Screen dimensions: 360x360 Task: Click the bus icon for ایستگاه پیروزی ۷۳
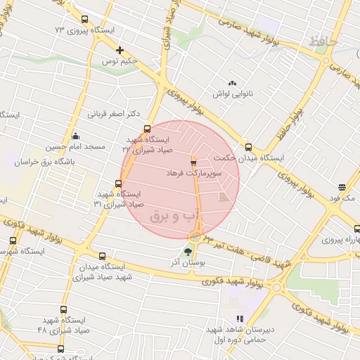tap(85, 20)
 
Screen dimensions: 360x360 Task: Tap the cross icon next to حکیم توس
tap(120, 50)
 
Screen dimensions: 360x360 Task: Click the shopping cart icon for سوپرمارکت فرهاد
tap(193, 162)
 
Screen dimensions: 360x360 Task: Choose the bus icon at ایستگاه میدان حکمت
tap(248, 148)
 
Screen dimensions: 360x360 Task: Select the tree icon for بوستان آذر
tap(188, 251)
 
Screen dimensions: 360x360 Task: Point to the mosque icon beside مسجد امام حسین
tap(76, 136)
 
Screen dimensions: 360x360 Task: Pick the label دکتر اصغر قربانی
tap(113, 113)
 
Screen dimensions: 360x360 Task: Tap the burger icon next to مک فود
tap(342, 188)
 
